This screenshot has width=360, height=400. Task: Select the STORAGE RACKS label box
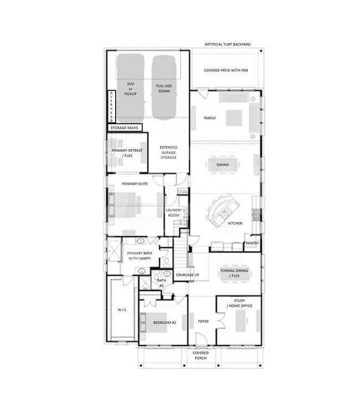tap(125, 128)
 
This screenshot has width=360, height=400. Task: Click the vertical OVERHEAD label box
tap(111, 106)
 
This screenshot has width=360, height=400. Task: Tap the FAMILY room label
tap(210, 118)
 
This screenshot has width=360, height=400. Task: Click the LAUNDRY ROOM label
tap(174, 213)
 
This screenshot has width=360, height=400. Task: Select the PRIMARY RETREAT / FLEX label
tap(126, 153)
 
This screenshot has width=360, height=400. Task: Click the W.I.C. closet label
tap(122, 310)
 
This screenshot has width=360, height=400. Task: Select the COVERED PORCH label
tap(200, 355)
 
